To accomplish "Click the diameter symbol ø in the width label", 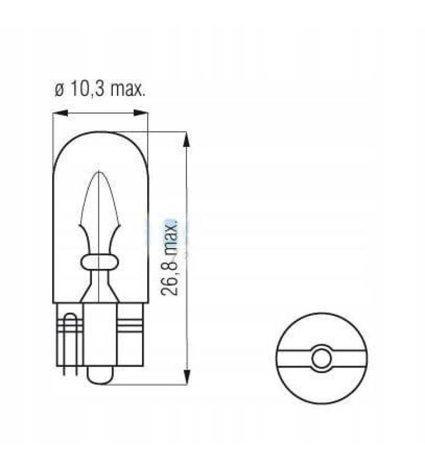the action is (59, 89).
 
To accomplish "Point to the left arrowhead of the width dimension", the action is (59, 113).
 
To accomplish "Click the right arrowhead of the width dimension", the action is (141, 113).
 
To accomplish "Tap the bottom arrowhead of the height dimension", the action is (187, 377).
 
